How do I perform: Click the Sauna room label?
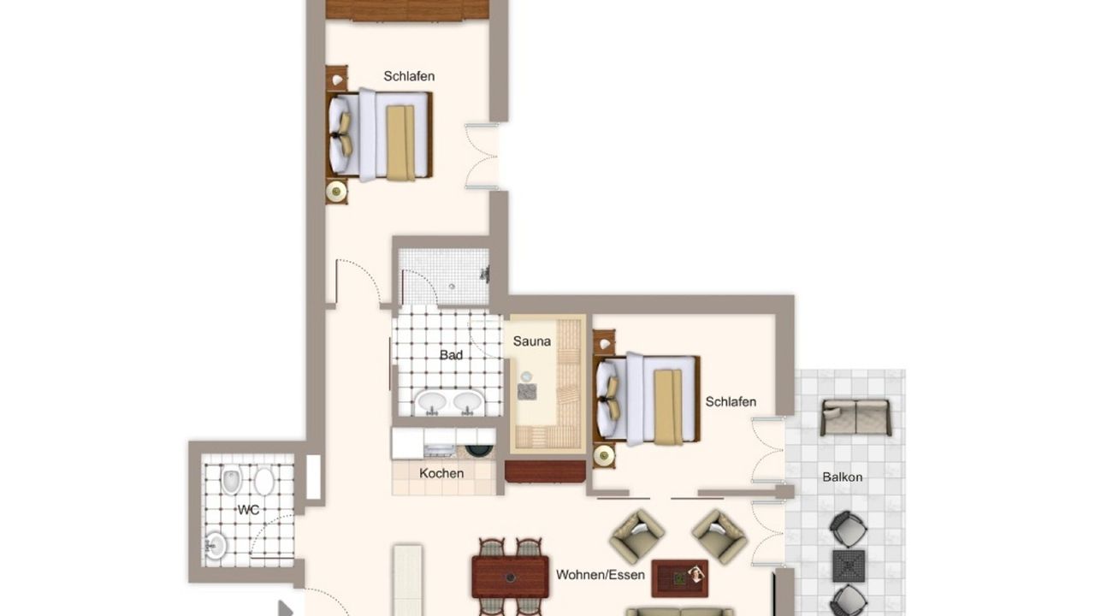[x=531, y=341]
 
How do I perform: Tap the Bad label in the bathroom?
[x=451, y=355]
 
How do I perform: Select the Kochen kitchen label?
[x=441, y=473]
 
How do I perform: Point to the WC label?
[x=248, y=511]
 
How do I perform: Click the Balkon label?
[x=843, y=477]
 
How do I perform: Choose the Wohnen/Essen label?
[x=601, y=575]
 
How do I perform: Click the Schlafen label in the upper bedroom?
[x=409, y=76]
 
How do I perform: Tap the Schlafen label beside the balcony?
[x=731, y=402]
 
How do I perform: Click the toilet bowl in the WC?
[x=232, y=480]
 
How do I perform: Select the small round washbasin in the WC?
[x=215, y=546]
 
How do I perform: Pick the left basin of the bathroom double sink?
[x=430, y=401]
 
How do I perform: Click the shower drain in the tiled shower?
[x=452, y=287]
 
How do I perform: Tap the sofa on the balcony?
[x=856, y=417]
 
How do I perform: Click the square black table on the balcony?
[x=849, y=566]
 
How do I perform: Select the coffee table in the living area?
[x=679, y=578]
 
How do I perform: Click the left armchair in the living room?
[x=637, y=536]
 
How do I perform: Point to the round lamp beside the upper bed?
[x=336, y=191]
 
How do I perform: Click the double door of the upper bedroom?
[x=482, y=157]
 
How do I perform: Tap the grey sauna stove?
[x=527, y=392]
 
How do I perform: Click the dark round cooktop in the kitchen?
[x=476, y=450]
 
